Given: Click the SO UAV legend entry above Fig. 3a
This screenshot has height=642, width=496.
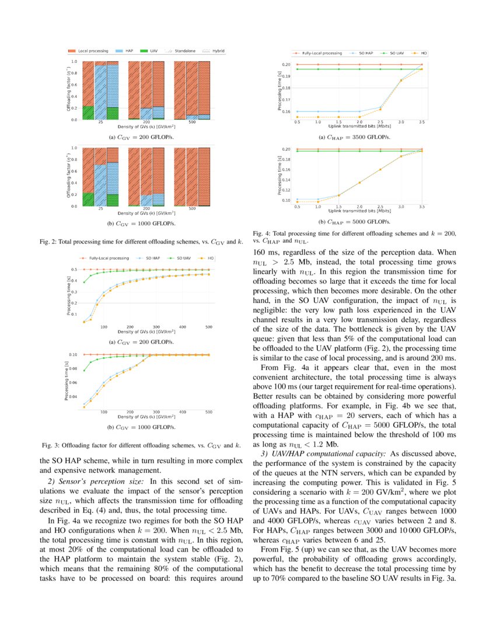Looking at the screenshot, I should (x=182, y=257).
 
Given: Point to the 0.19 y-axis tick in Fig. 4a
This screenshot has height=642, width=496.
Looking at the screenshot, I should (x=287, y=76).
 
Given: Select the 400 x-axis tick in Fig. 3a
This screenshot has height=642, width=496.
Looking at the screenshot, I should (x=182, y=327).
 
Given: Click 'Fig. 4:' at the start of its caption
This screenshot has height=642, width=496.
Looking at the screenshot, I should (x=262, y=233).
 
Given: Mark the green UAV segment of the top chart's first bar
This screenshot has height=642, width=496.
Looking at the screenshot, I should (x=88, y=113).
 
